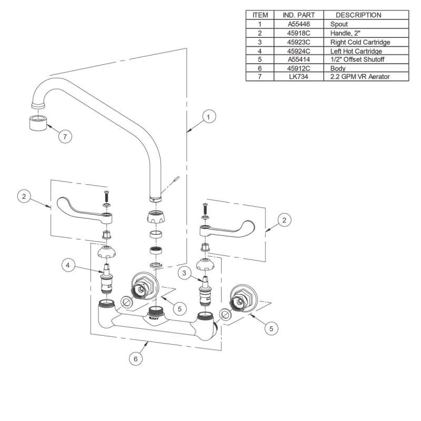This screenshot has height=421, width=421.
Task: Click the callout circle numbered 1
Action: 208,117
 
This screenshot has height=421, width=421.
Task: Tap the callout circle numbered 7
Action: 65,136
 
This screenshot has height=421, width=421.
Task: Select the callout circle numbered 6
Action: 136,359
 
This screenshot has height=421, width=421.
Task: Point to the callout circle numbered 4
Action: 68,265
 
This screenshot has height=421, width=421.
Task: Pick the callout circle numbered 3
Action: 184,273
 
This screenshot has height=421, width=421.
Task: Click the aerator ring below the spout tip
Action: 38,123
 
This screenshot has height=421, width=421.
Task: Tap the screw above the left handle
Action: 107,196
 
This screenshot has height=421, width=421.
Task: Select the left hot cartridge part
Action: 107,280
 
